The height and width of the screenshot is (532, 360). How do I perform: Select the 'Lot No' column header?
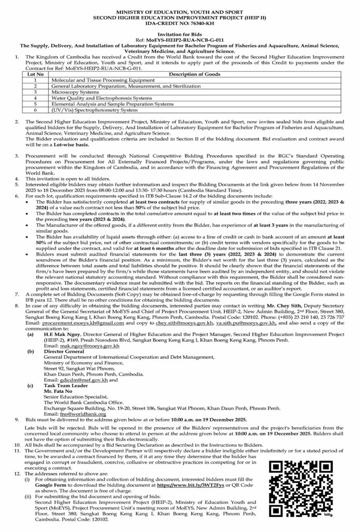click(35, 75)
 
